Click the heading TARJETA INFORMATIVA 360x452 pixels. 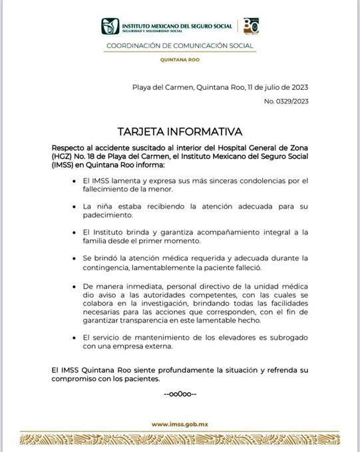(180, 131)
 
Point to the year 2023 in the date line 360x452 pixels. (297, 86)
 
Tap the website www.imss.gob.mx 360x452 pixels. (180, 424)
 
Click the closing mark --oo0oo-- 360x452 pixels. (180, 395)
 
